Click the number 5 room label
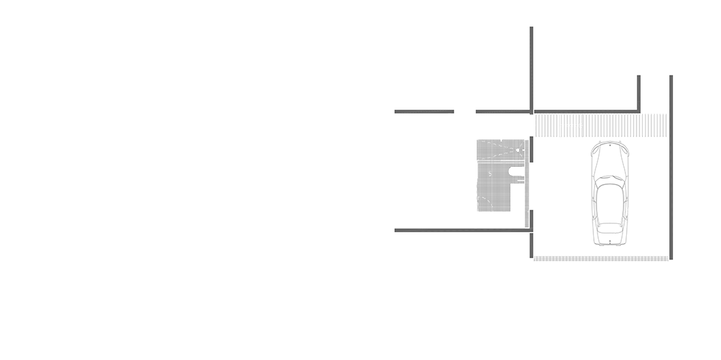pos(490,174)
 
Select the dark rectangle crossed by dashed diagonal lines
pos(499,149)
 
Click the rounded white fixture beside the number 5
pos(514,172)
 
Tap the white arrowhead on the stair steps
pos(581,126)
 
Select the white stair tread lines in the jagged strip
pos(570,126)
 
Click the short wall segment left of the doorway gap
pos(424,112)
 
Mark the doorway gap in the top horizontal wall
pos(465,112)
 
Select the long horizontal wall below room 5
pos(461,230)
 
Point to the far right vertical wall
pos(670,167)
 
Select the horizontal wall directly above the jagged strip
pos(586,112)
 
